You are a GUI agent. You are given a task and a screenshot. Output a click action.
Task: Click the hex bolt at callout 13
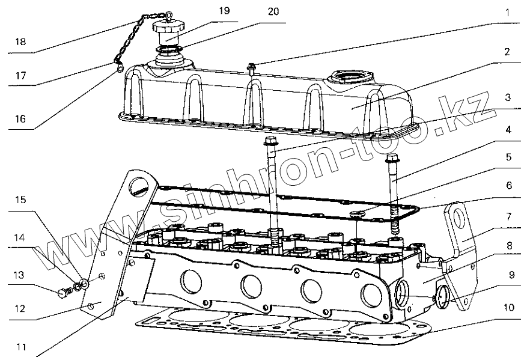pos(61,294)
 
